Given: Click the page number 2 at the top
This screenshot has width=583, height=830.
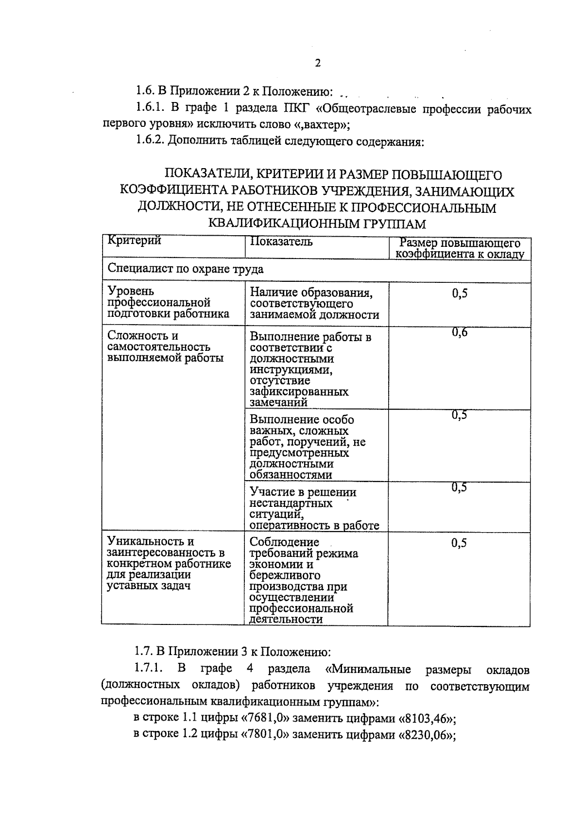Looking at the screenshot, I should pos(318,64).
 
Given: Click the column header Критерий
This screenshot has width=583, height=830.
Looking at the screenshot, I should pos(134,241).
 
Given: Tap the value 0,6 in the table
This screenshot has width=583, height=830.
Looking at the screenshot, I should pos(459,332).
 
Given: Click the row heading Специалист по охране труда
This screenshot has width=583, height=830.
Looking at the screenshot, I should pos(186,269).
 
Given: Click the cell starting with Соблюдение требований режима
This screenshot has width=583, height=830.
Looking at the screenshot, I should pos(304,580).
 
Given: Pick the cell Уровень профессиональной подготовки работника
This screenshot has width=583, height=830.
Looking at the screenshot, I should pos(168,302).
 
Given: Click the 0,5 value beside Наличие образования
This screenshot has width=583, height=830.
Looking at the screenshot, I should pos(459,294).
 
